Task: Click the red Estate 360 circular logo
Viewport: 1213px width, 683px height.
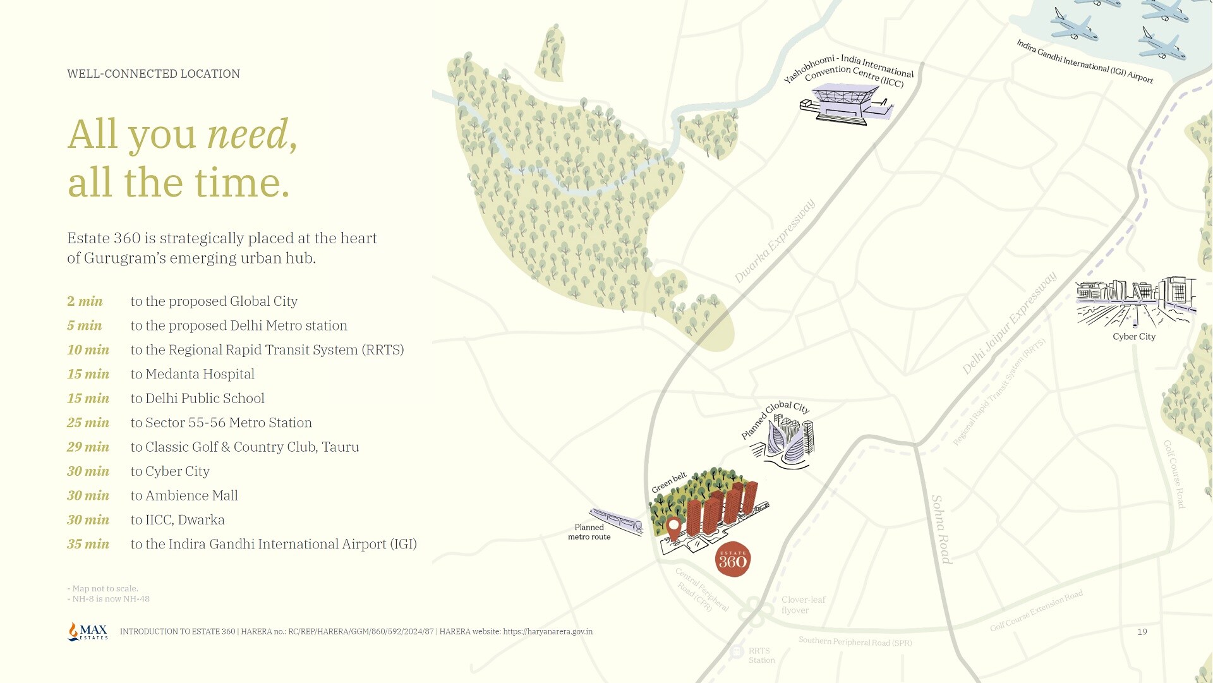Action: pyautogui.click(x=733, y=559)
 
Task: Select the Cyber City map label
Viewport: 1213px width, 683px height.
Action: pyautogui.click(x=1134, y=337)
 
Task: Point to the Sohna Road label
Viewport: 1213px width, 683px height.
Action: pyautogui.click(x=941, y=529)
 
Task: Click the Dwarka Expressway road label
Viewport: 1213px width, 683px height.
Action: pyautogui.click(x=775, y=241)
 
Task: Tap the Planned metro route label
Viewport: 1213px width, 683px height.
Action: pyautogui.click(x=589, y=532)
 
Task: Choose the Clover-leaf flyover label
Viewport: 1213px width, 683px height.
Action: pyautogui.click(x=803, y=605)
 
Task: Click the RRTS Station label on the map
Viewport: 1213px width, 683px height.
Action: pyautogui.click(x=761, y=655)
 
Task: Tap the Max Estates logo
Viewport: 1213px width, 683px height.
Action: pyautogui.click(x=88, y=631)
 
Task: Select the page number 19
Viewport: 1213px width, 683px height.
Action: pyautogui.click(x=1142, y=632)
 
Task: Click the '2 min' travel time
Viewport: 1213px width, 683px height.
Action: pyautogui.click(x=85, y=301)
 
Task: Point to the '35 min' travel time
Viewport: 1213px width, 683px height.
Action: pyautogui.click(x=88, y=544)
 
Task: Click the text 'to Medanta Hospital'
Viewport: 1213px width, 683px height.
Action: pyautogui.click(x=192, y=374)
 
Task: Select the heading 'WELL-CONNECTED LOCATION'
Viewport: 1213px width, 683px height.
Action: pyautogui.click(x=154, y=74)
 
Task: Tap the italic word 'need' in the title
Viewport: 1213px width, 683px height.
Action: pyautogui.click(x=248, y=134)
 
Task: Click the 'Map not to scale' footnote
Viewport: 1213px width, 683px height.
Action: pyautogui.click(x=102, y=588)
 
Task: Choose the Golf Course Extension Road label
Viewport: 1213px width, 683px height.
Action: pyautogui.click(x=1036, y=610)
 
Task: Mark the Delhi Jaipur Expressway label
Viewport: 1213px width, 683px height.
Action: pyautogui.click(x=1009, y=323)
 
